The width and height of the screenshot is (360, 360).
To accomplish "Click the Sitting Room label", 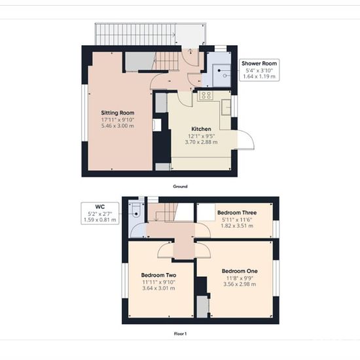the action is pyautogui.click(x=118, y=113).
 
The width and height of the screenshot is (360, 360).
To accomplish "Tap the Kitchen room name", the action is pyautogui.click(x=201, y=129).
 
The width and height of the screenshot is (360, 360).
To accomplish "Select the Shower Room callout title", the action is pyautogui.click(x=259, y=63).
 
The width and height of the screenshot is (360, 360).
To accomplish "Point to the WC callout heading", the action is pyautogui.click(x=100, y=206).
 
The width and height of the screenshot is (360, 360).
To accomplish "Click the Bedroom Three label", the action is pyautogui.click(x=237, y=212).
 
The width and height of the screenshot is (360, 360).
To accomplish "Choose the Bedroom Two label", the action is pyautogui.click(x=158, y=275).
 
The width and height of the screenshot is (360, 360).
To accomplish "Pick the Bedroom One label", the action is pyautogui.click(x=240, y=271).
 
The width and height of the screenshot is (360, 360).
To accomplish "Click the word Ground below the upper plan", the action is pyautogui.click(x=180, y=187).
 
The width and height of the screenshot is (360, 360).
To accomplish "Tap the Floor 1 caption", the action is pyautogui.click(x=180, y=334).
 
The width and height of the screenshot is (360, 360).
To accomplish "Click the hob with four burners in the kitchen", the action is pyautogui.click(x=206, y=96).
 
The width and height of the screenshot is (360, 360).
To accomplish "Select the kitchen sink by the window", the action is pyautogui.click(x=226, y=107).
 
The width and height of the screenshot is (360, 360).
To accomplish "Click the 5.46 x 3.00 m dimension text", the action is pyautogui.click(x=118, y=126).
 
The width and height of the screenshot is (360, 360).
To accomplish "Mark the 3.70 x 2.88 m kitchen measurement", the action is pyautogui.click(x=201, y=142).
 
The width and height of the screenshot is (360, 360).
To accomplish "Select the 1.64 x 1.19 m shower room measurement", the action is pyautogui.click(x=259, y=77).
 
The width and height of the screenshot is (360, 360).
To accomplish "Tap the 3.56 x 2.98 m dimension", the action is pyautogui.click(x=240, y=284).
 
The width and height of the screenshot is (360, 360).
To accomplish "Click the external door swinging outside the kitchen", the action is pyautogui.click(x=245, y=139).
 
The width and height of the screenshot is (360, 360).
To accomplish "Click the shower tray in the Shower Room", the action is pyautogui.click(x=221, y=76).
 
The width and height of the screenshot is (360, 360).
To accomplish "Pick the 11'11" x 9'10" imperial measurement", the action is pyautogui.click(x=158, y=282).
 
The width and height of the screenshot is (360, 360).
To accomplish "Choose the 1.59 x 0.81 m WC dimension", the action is pyautogui.click(x=100, y=220).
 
